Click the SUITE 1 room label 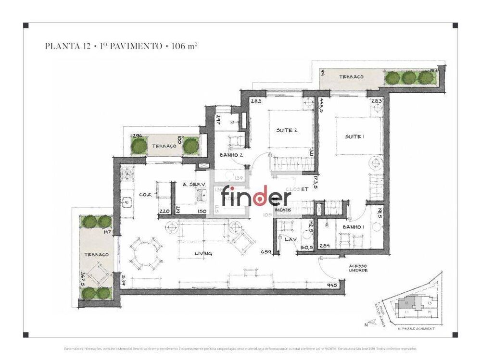pos(355,137)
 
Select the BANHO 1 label pos(353,226)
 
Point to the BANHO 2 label pos(230,155)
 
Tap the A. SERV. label pos(185,185)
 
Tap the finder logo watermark pos(256,197)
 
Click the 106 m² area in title pos(185,47)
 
